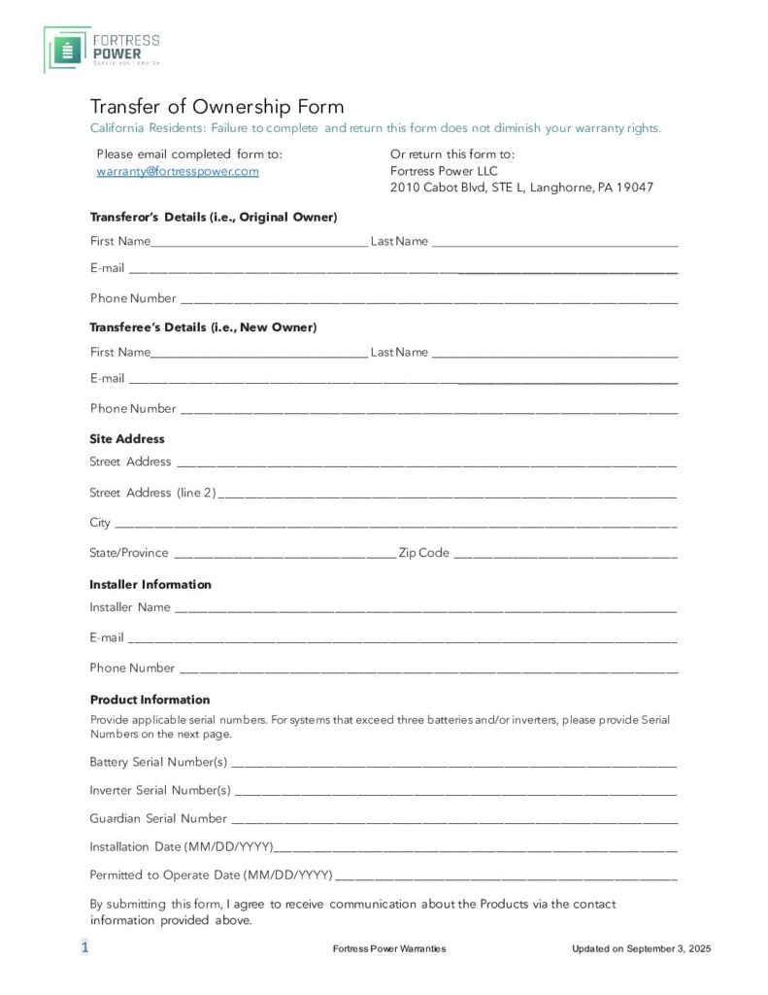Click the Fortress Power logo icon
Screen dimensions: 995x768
[x=67, y=50]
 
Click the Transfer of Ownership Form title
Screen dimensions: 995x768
[x=217, y=107]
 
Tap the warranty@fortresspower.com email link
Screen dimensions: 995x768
[x=177, y=171]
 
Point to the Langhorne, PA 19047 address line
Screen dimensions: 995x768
[x=521, y=188]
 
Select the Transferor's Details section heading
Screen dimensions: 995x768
[x=214, y=217]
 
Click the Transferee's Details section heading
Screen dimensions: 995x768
[x=203, y=327]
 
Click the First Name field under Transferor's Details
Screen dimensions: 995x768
[x=258, y=242]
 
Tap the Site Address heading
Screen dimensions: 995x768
[x=127, y=439]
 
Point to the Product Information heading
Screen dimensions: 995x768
[x=150, y=700]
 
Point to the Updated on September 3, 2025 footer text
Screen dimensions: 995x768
[x=641, y=948]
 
